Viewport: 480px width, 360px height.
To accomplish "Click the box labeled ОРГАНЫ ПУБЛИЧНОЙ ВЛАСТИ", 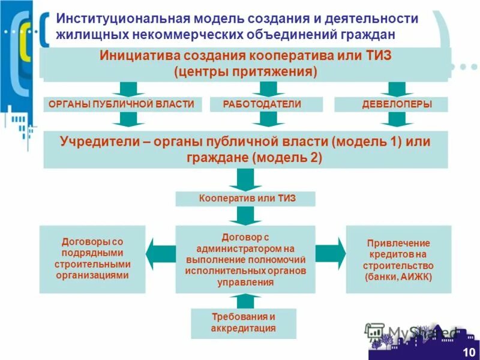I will click(x=121, y=104).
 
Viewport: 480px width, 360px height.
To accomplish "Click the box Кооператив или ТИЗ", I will click(x=245, y=199).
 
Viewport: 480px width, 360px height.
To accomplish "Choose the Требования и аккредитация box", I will click(x=243, y=323).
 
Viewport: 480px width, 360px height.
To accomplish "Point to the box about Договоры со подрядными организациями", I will click(x=92, y=259).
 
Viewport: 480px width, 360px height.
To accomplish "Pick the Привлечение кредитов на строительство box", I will click(x=398, y=259).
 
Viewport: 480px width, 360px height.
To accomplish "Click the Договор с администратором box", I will click(x=245, y=259).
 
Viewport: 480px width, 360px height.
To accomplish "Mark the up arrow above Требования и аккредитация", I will click(x=245, y=300).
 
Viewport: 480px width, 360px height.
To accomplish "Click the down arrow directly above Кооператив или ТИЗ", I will click(x=245, y=179).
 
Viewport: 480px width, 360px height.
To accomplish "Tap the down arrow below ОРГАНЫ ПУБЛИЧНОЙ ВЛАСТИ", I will click(x=126, y=120).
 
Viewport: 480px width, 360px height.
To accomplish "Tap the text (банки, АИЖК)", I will click(x=398, y=277).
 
